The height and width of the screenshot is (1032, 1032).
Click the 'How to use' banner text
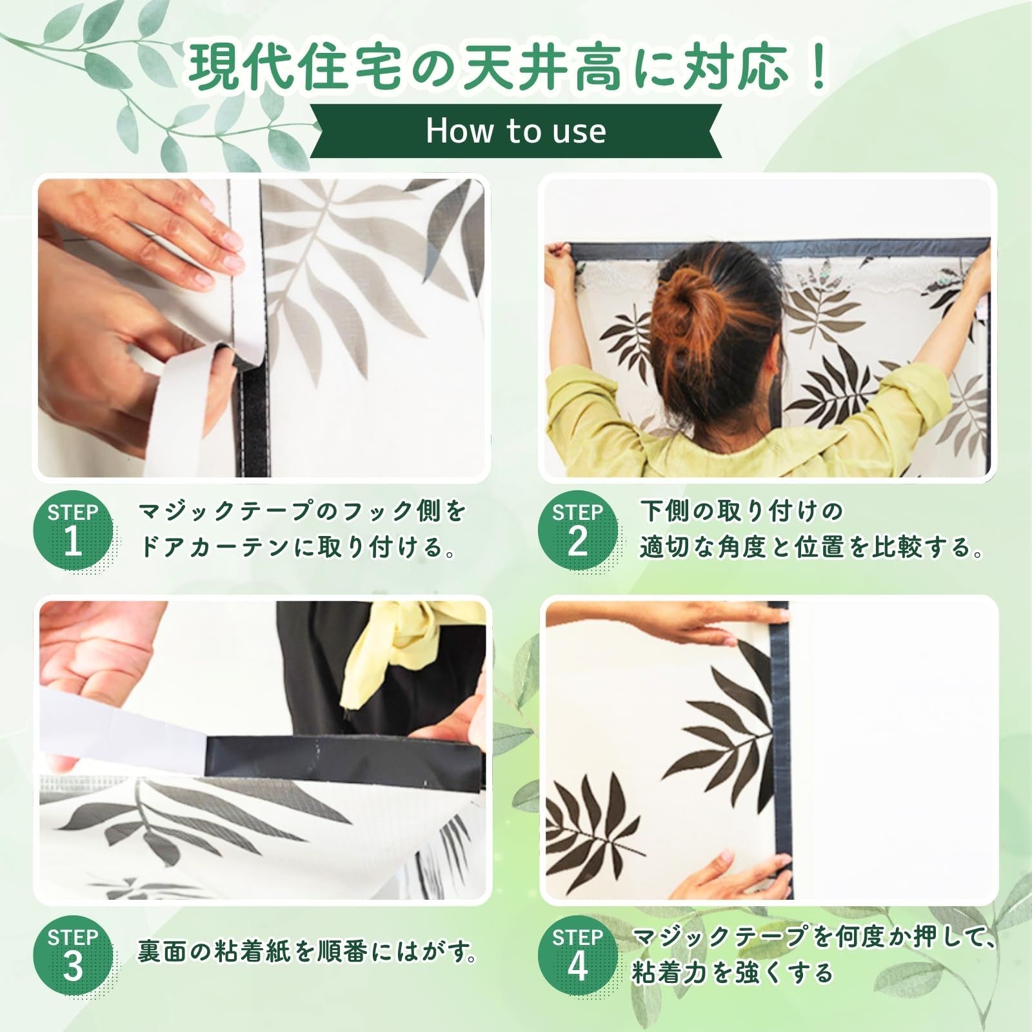pos(516,131)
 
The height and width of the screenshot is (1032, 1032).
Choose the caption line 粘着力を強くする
pos(732,974)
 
